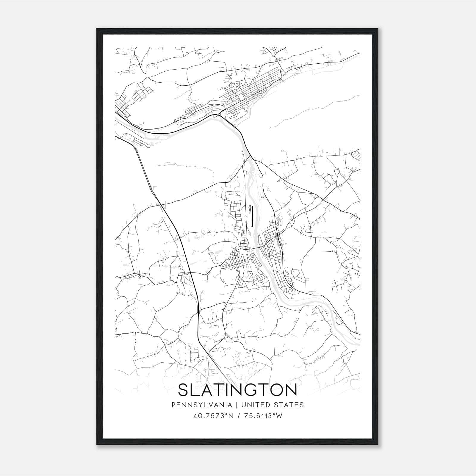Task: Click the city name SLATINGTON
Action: click(x=237, y=390)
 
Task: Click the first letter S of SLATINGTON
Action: click(x=184, y=390)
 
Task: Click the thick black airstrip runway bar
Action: click(x=252, y=216)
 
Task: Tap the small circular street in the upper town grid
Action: click(x=237, y=84)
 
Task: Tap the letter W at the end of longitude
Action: click(x=279, y=416)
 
